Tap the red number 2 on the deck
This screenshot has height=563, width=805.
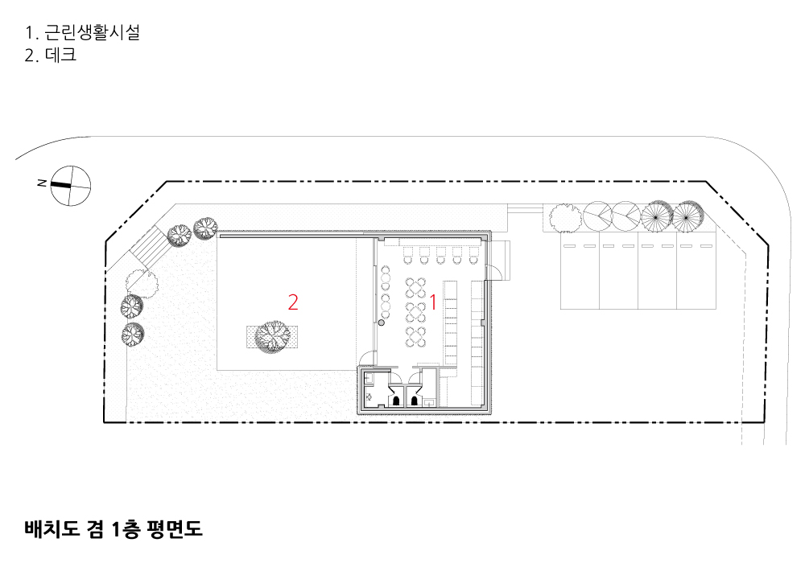293,302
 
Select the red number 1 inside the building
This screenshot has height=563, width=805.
433,302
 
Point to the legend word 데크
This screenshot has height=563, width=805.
60,56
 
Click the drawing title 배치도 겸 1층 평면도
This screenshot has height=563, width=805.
113,528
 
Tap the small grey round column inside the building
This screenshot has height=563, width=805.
382,323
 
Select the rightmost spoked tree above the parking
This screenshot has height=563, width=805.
686,214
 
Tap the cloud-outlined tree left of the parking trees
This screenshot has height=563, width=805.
565,216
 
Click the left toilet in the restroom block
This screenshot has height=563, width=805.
396,398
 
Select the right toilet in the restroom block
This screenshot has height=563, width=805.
415,398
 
